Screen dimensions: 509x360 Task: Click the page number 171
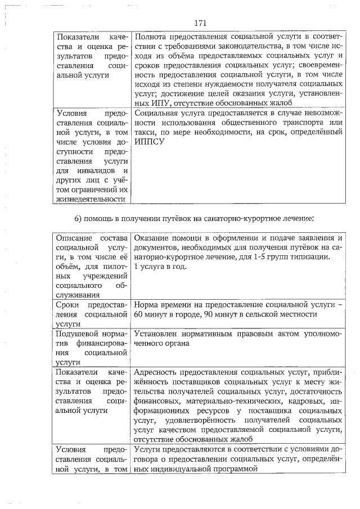click(201, 23)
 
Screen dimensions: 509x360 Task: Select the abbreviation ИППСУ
click(149, 142)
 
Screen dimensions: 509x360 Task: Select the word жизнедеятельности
click(90, 199)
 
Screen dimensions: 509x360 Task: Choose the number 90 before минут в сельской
click(215, 314)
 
